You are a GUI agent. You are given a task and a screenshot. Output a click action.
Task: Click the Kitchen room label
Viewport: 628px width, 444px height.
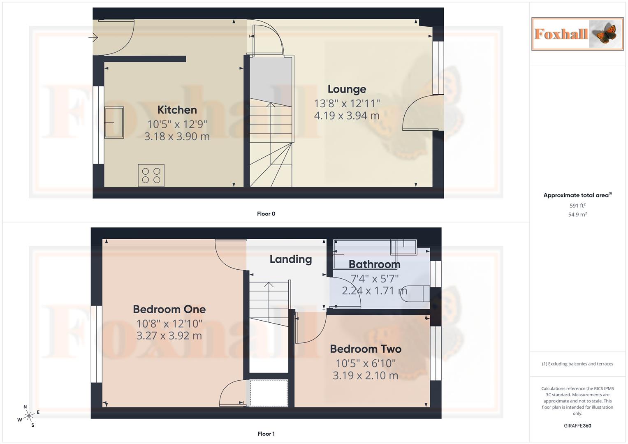pyautogui.click(x=177, y=110)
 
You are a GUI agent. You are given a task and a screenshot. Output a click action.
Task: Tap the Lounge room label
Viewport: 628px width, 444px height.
pyautogui.click(x=347, y=89)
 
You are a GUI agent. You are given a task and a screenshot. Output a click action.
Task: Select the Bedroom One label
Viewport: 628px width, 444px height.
pyautogui.click(x=169, y=309)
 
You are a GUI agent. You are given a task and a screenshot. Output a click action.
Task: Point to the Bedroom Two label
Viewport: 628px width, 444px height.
pyautogui.click(x=365, y=349)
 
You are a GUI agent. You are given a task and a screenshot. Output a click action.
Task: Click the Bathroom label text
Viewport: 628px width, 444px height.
pyautogui.click(x=374, y=264)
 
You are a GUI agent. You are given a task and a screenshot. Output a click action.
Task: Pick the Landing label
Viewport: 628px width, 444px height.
pyautogui.click(x=290, y=259)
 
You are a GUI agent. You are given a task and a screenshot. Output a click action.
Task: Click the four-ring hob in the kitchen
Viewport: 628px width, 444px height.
pyautogui.click(x=151, y=176)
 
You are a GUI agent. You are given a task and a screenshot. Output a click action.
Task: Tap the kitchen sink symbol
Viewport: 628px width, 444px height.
pyautogui.click(x=114, y=122)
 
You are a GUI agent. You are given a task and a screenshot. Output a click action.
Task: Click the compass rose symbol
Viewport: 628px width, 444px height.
pyautogui.click(x=28, y=416)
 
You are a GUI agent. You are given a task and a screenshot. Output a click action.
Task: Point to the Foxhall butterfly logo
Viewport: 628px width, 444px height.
pyautogui.click(x=577, y=34)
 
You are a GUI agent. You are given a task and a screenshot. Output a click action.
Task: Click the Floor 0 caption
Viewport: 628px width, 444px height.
pyautogui.click(x=266, y=214)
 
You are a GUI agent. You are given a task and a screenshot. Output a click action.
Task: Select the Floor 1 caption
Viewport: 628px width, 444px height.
pyautogui.click(x=266, y=434)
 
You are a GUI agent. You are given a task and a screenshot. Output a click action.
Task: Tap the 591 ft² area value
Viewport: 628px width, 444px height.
pyautogui.click(x=577, y=206)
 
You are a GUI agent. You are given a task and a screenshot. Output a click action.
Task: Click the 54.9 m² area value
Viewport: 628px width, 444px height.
pyautogui.click(x=577, y=215)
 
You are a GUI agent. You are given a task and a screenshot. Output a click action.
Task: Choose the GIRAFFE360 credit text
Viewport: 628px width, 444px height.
pyautogui.click(x=577, y=426)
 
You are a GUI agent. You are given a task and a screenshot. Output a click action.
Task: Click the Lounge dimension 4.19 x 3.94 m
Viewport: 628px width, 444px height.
pyautogui.click(x=347, y=116)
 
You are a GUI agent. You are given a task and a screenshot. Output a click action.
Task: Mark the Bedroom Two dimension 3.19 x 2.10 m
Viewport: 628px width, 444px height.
pyautogui.click(x=365, y=376)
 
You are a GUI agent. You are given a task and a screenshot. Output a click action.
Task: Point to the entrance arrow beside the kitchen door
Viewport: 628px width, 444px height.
pyautogui.click(x=93, y=38)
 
